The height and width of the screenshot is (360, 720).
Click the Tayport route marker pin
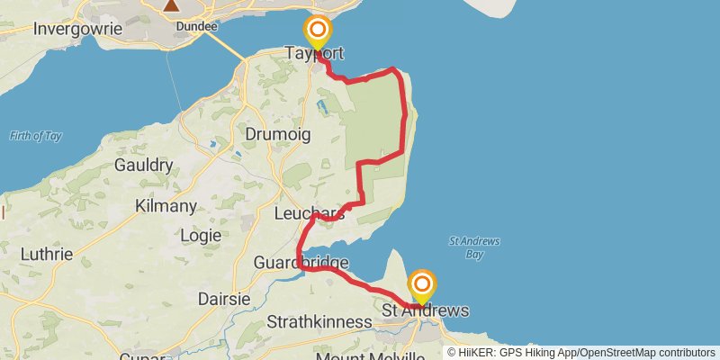pos(317,33)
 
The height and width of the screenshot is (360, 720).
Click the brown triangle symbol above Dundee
pos(171,5)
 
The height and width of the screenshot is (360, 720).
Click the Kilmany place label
pos(166,206)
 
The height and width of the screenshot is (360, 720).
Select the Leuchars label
pos(309,213)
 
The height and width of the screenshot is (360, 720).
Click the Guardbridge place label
pos(301,263)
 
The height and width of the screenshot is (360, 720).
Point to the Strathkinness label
pos(319,321)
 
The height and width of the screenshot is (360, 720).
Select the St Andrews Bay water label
pos(473,247)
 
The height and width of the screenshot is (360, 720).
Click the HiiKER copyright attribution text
pos(580,352)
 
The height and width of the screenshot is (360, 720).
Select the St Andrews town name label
pos(426,310)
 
